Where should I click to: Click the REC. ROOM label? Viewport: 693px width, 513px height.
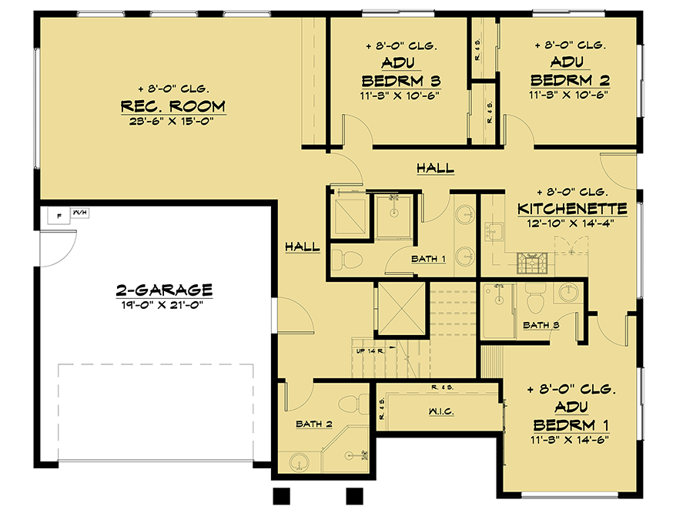(172, 106)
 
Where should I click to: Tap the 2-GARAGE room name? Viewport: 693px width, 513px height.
(163, 290)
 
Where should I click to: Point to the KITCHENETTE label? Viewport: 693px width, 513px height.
(572, 209)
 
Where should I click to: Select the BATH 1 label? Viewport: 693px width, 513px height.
(428, 259)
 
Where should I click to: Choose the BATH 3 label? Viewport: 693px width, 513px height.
(541, 324)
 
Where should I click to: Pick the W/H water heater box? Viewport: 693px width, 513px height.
(79, 212)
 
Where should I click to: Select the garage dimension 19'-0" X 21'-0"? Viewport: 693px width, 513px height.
(163, 303)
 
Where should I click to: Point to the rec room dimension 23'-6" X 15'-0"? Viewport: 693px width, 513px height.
(172, 120)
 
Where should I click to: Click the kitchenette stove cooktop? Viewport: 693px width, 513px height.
(531, 263)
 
